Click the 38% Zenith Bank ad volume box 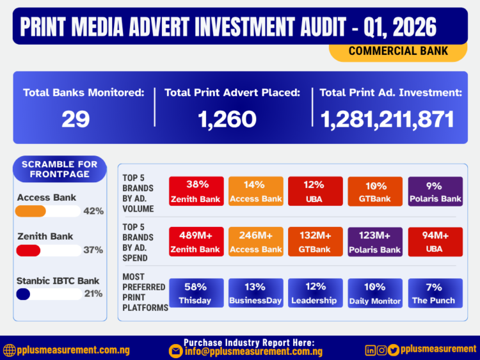pos(196,191)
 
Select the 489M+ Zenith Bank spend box pos(196,242)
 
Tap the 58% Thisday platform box pos(196,293)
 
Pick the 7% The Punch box pos(435,293)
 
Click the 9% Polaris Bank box pos(435,191)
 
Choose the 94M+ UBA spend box pos(435,242)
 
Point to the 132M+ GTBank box pos(316,242)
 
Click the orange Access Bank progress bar pos(31,211)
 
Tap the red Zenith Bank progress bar pos(29,250)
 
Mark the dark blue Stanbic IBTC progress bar pos(24,294)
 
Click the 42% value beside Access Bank pos(93,211)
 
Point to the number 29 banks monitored pos(76,119)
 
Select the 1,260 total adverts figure pos(228,119)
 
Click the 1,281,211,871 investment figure pos(388,119)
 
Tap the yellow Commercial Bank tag pos(398,51)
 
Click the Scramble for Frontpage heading pos(60,169)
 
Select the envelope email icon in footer pos(175,350)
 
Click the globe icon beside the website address pos(9,350)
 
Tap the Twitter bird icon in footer pos(393,350)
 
